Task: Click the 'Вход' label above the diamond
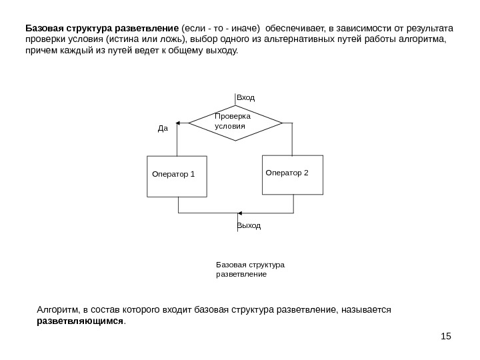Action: (246, 98)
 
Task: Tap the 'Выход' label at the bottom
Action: (249, 226)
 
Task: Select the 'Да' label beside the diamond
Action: (163, 128)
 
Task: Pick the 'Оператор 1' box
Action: (177, 176)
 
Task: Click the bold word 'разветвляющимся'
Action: (79, 321)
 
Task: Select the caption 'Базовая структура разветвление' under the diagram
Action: (250, 269)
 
